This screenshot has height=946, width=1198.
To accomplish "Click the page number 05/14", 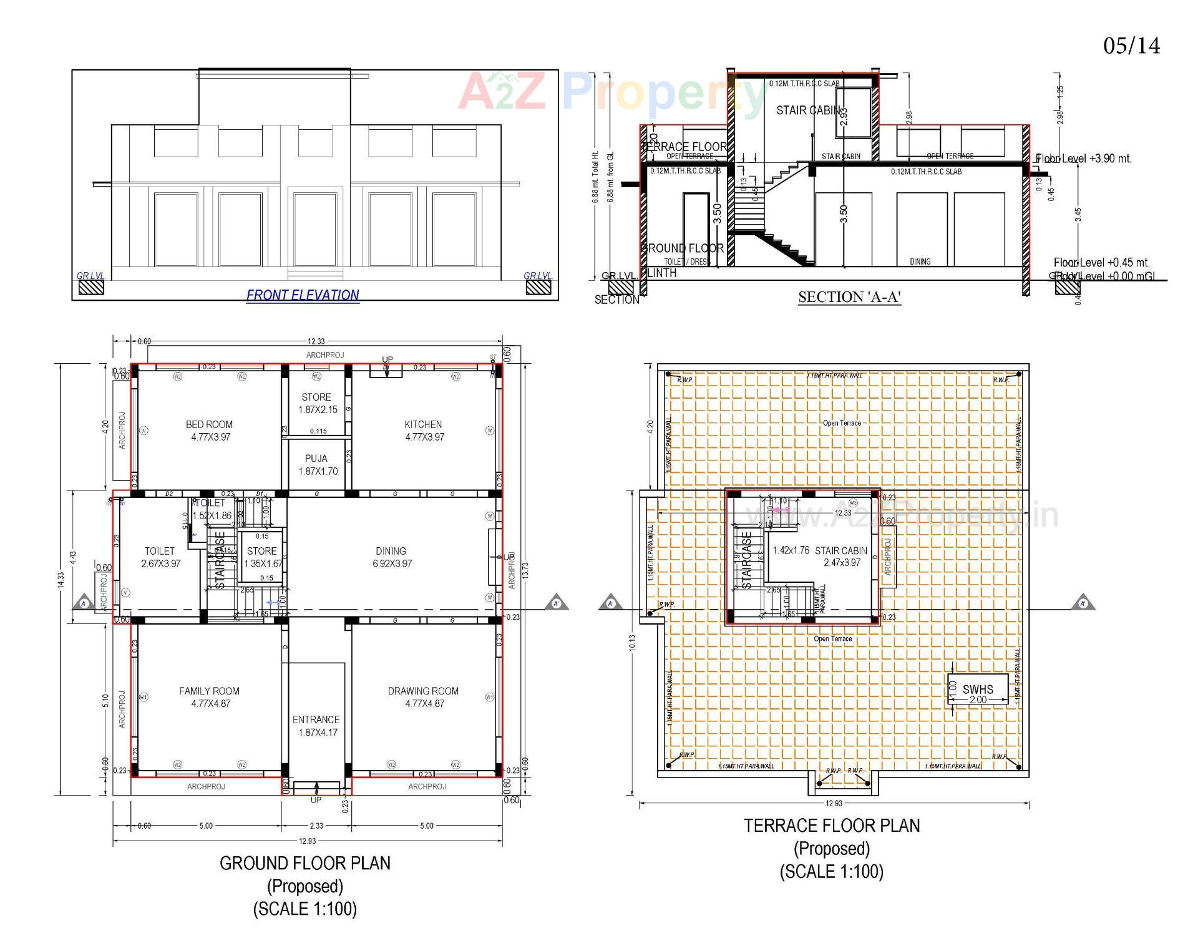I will point(1131,46).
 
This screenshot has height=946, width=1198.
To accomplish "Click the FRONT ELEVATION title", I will point(303,295).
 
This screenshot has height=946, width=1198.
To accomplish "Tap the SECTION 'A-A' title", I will point(849,298).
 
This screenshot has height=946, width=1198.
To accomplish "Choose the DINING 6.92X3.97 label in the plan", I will point(391,557).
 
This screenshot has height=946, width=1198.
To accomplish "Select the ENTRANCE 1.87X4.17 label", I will point(316,726).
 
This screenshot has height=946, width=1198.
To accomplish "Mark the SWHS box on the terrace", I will point(978,690).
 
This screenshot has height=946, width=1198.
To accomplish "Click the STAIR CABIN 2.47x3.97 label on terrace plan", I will point(841,557).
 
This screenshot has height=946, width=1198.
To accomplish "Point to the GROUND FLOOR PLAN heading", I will point(305,864).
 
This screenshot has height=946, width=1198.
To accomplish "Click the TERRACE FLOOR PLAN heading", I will point(832,826).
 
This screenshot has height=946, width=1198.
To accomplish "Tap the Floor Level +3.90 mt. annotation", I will point(1084,158).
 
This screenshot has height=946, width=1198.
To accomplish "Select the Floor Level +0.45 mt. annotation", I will point(1101,263).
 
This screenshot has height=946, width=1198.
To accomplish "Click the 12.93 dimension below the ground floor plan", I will point(307,841).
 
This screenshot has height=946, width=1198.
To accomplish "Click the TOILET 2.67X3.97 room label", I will point(160,557).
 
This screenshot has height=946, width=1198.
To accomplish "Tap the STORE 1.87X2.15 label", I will point(317,403).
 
